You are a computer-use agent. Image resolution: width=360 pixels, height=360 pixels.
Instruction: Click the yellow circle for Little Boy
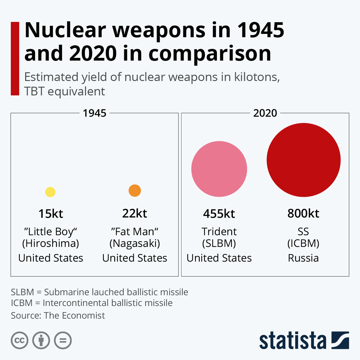click(50, 192)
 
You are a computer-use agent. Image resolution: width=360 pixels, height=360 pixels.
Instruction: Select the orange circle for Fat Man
click(135, 190)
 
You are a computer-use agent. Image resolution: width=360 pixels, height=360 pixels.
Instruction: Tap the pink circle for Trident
click(219, 169)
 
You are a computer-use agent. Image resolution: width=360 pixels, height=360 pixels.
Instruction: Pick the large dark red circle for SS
click(304, 160)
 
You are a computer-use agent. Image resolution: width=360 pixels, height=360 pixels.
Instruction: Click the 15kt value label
click(51, 214)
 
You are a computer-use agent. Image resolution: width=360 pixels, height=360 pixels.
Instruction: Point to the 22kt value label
click(135, 213)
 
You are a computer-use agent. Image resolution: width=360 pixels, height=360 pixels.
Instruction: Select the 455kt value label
click(219, 214)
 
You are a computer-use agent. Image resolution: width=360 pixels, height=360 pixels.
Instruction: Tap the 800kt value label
click(303, 213)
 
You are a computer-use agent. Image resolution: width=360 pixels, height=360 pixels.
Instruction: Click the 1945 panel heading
click(94, 113)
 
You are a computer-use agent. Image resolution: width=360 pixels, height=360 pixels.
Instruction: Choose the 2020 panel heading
click(265, 113)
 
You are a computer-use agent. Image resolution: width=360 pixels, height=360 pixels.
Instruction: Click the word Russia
click(303, 258)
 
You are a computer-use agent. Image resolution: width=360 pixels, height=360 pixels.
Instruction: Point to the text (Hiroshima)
click(51, 243)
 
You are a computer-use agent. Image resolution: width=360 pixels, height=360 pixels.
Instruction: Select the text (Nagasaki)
click(135, 243)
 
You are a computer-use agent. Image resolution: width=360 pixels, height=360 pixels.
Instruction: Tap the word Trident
click(219, 232)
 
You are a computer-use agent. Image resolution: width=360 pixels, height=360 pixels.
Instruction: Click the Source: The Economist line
click(58, 316)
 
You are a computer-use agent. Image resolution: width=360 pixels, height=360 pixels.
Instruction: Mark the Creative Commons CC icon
click(19, 340)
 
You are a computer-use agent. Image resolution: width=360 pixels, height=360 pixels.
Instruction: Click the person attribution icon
click(41, 340)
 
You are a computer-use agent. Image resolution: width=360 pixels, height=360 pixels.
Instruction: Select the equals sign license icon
click(63, 340)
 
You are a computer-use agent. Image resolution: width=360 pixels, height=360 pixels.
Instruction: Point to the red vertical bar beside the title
click(15, 58)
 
